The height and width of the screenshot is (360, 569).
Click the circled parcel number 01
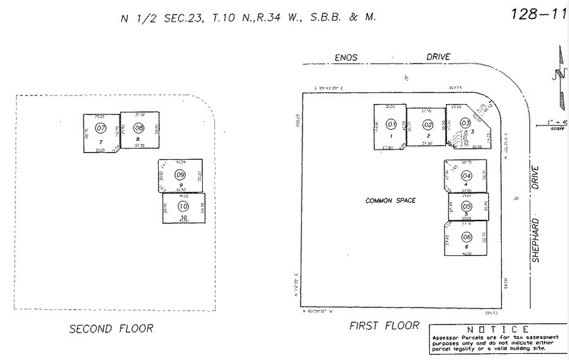point(392,124)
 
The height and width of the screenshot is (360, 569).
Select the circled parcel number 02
point(428,125)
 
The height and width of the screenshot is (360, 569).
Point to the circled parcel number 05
point(467,206)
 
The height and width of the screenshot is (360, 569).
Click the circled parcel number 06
point(467,237)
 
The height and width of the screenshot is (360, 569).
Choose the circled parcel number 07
point(101,128)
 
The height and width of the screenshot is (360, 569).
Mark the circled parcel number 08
point(138,128)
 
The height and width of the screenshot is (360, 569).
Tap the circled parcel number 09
point(180,175)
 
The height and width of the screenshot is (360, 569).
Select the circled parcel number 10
point(183,206)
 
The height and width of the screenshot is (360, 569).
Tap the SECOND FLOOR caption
point(111,329)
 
